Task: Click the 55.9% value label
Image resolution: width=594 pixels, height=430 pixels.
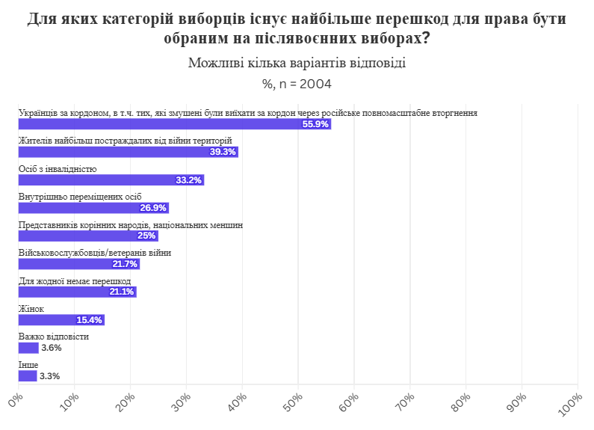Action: [315, 124]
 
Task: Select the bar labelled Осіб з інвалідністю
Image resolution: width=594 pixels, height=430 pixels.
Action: [111, 180]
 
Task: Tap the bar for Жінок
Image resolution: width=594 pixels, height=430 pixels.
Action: [61, 320]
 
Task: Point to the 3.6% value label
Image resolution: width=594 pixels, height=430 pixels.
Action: [52, 348]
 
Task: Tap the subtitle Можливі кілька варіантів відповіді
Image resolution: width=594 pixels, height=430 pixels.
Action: [297, 63]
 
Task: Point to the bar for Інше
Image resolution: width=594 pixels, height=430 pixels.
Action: [28, 376]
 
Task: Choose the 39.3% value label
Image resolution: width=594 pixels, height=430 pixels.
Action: [223, 152]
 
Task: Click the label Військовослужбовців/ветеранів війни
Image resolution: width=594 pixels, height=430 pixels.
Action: [95, 253]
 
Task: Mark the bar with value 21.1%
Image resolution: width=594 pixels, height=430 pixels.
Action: [77, 292]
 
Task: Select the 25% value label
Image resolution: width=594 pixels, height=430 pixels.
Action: [146, 236]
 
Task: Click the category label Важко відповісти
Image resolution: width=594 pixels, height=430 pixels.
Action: [54, 337]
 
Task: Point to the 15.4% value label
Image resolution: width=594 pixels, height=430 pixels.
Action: [89, 320]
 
